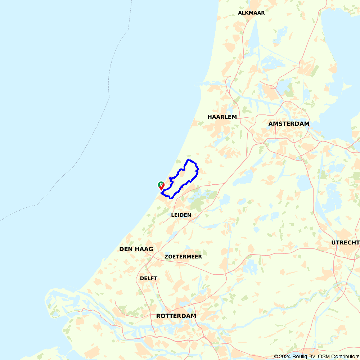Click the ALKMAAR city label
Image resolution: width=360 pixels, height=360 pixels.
coord(251,13)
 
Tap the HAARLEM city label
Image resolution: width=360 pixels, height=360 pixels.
coord(222,117)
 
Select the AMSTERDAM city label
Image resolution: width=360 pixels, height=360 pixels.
coord(289,124)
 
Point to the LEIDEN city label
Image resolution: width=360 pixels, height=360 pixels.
coord(181,215)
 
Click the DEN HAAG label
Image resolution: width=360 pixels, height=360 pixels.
coord(136,249)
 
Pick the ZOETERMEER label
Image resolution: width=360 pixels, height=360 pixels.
coord(183,257)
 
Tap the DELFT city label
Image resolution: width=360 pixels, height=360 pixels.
coord(149,278)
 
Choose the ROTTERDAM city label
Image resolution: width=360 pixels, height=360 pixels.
coord(176,316)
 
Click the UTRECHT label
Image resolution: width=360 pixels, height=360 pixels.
coord(345,243)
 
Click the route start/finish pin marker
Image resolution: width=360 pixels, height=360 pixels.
coord(161,185)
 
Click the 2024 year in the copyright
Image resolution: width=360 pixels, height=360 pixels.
coord(284,356)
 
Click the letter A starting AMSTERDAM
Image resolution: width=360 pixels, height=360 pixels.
coord(270,124)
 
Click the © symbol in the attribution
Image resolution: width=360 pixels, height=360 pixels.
coord(276,356)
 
